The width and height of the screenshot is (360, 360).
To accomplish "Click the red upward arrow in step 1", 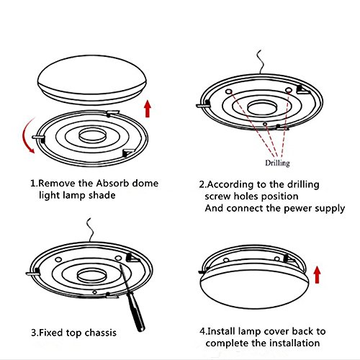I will coord(148,107).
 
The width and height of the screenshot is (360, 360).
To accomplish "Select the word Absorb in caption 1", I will coord(120,183).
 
